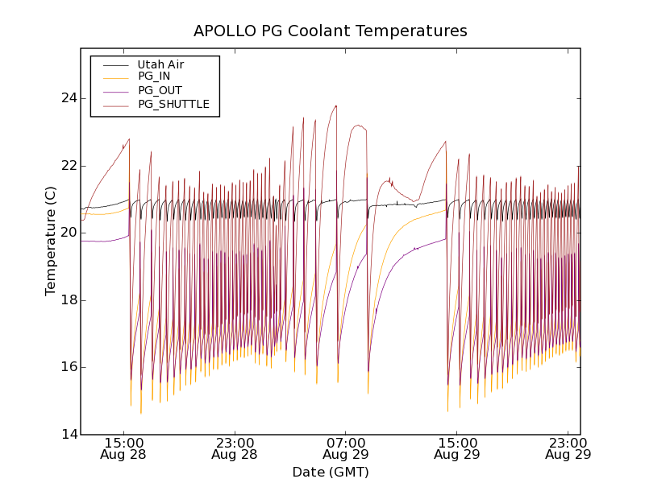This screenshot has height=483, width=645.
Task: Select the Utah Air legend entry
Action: (x=160, y=64)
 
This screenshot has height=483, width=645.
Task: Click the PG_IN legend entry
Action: (x=154, y=76)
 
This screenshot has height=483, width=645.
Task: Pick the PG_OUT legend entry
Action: (x=160, y=90)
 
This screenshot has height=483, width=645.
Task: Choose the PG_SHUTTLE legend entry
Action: (x=173, y=104)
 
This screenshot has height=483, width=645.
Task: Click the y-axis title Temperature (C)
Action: (x=51, y=241)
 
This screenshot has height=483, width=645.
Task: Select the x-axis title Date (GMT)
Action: (x=331, y=472)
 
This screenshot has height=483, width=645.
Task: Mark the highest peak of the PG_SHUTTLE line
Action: (x=336, y=105)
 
